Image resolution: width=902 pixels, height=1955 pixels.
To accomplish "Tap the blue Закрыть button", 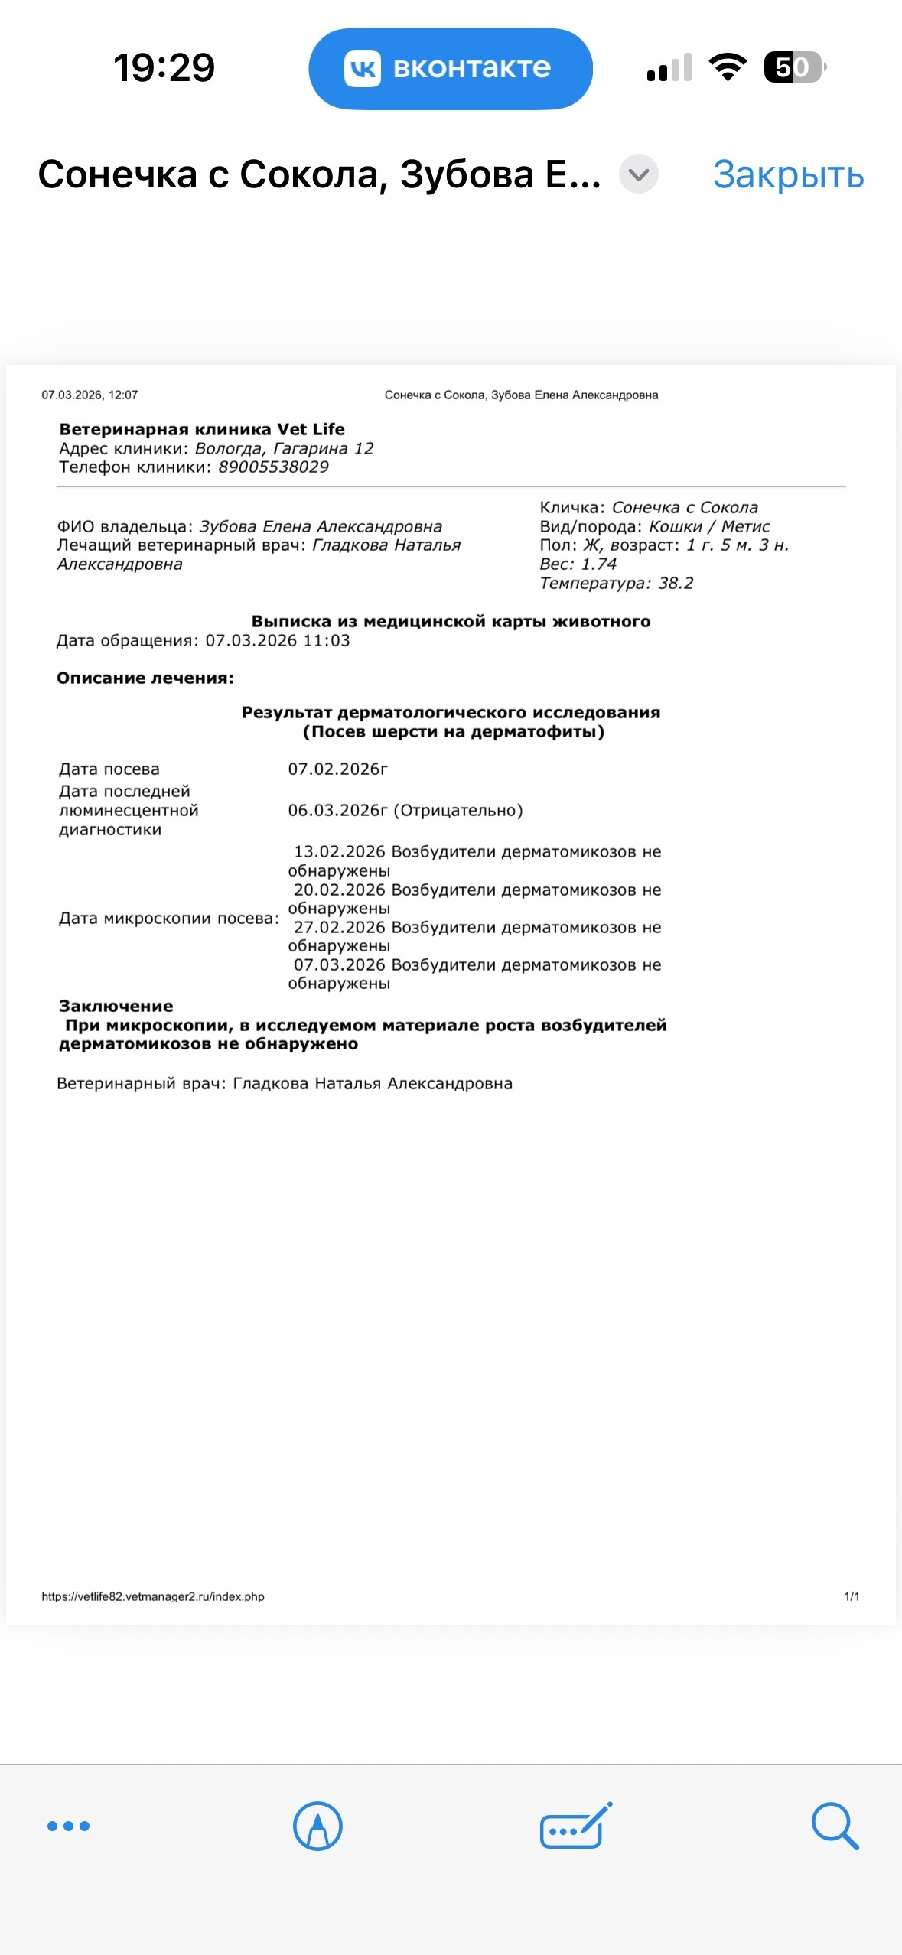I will [788, 175].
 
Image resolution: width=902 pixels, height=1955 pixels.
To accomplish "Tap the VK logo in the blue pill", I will [362, 69].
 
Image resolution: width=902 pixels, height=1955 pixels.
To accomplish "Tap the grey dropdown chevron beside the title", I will [638, 174].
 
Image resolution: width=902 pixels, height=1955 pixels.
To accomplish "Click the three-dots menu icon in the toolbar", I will [68, 1826].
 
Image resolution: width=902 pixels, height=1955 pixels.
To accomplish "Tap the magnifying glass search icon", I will [835, 1826].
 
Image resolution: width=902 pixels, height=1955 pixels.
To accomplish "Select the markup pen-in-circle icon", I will [317, 1826].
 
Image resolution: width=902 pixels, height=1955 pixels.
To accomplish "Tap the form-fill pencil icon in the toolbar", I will [575, 1826].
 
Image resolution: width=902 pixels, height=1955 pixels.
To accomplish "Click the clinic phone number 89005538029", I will [273, 467].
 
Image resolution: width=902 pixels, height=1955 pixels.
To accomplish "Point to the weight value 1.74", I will [598, 564].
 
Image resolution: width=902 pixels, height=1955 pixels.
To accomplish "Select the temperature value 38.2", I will [676, 584].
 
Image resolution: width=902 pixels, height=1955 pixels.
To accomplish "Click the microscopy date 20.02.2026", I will [339, 890].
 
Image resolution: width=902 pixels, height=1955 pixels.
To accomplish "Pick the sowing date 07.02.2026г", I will [337, 769].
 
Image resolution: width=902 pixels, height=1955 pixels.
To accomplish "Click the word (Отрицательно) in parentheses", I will [458, 811].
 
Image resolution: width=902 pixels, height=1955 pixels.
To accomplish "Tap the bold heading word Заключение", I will [116, 1007].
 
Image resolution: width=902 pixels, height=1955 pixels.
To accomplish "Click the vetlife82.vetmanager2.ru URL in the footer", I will [153, 1596].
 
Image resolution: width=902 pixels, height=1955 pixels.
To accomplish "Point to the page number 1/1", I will [852, 1596].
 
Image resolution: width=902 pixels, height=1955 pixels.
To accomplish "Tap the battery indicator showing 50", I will [793, 67].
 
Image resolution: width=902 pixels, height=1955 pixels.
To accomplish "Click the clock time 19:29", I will [164, 67].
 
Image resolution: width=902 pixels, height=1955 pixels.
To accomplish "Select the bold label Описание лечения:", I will [145, 678].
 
